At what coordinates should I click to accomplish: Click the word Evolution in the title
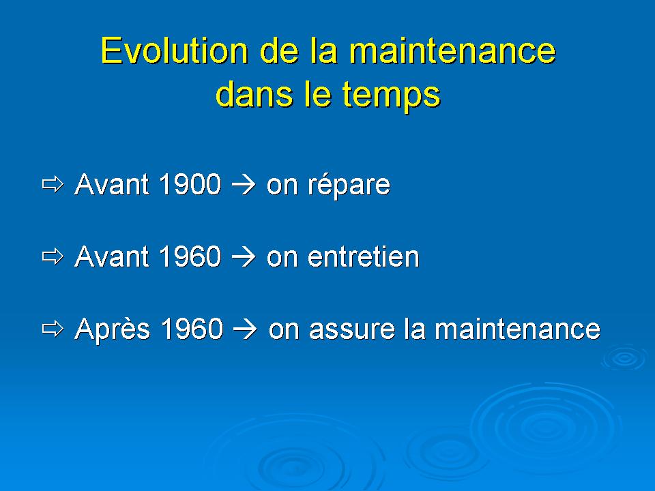click(175, 50)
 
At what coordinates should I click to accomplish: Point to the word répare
click(349, 185)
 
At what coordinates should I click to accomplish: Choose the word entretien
click(364, 256)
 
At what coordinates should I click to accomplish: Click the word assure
click(351, 330)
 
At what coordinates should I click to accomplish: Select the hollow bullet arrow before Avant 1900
click(53, 184)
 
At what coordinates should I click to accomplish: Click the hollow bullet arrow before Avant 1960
click(53, 256)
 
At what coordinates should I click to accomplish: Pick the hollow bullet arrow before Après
click(53, 329)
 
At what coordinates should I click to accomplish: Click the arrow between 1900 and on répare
click(243, 185)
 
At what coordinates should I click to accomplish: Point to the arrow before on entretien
click(243, 257)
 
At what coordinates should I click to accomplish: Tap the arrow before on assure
click(245, 329)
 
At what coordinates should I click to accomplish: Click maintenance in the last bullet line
click(517, 329)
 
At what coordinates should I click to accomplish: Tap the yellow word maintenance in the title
click(452, 50)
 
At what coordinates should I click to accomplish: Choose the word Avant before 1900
click(111, 183)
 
